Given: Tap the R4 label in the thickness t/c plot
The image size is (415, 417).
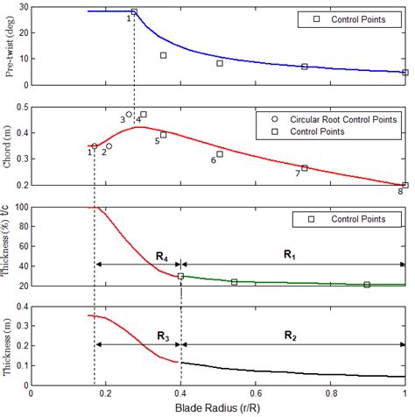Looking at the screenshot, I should pyautogui.click(x=162, y=255).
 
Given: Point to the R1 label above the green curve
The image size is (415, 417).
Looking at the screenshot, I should pyautogui.click(x=290, y=253).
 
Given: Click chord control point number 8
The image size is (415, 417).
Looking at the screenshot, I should pyautogui.click(x=404, y=185).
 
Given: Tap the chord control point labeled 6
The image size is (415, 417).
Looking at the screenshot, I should pyautogui.click(x=220, y=153).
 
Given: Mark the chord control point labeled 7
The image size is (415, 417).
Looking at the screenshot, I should pyautogui.click(x=305, y=167).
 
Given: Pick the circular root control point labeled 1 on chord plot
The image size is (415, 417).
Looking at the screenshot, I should pyautogui.click(x=95, y=146).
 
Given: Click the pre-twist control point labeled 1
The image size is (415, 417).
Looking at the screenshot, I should pyautogui.click(x=134, y=11).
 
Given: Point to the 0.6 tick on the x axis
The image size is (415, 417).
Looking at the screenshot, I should pyautogui.click(x=256, y=393).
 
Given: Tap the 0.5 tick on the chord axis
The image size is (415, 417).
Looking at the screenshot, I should pyautogui.click(x=23, y=107).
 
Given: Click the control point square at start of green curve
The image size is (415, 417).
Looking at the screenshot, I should pyautogui.click(x=181, y=276).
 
